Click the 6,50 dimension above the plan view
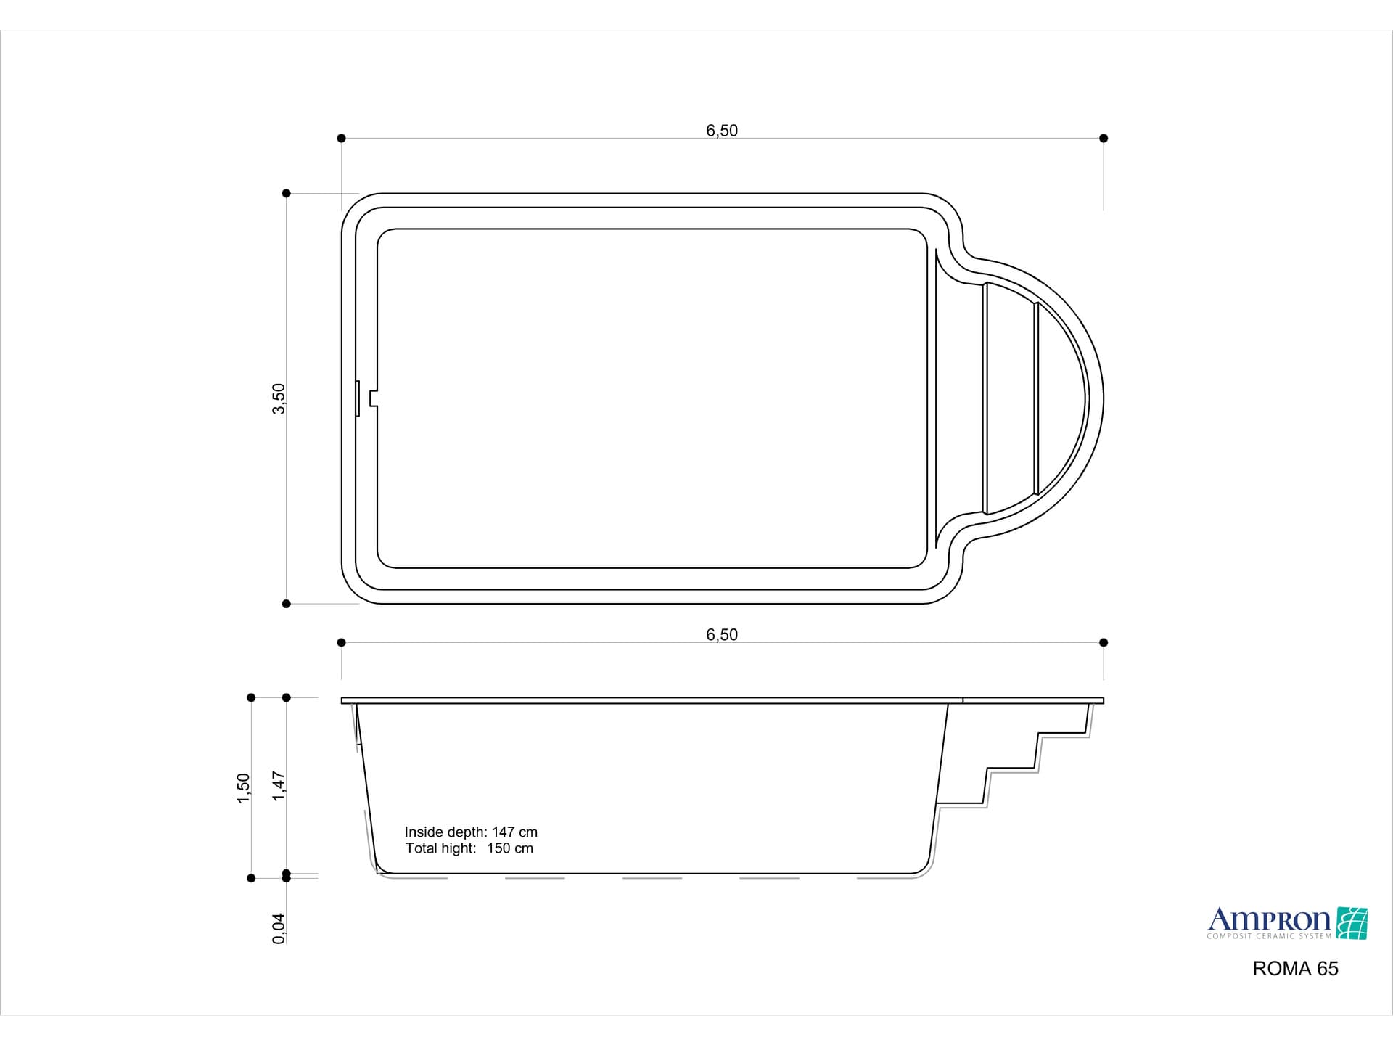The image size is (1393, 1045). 721,131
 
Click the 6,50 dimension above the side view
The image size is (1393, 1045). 721,635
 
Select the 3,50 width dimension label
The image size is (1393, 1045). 279,399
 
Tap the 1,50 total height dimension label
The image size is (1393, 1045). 244,788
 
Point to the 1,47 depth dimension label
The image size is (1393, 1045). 279,786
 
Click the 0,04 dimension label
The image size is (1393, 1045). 279,928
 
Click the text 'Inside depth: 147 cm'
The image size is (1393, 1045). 471,832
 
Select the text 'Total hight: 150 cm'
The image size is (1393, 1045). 469,848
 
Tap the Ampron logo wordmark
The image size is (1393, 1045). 1268,920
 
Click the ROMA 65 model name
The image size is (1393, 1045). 1295,969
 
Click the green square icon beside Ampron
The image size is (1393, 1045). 1352,923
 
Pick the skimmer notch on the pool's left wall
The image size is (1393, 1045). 373,398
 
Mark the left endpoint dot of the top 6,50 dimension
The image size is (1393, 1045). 342,138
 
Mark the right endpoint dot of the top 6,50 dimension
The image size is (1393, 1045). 1104,138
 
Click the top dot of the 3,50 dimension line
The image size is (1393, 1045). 287,193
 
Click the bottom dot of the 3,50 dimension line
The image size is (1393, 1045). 287,604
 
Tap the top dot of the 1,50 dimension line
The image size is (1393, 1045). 252,697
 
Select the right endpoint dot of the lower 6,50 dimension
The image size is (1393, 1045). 1104,642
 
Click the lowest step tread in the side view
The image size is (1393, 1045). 961,803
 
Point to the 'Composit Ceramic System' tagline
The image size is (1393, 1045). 1268,936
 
